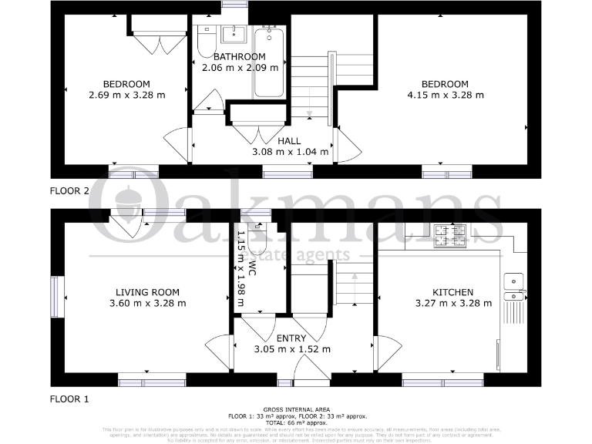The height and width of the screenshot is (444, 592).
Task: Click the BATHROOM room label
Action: pos(239,57)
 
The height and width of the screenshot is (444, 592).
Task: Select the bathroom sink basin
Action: pos(232,35)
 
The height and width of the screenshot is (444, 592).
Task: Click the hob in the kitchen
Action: pos(449,235)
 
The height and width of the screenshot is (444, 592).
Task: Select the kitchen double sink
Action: pos(513,286)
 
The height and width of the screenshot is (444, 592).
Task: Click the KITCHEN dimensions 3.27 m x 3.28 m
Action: pos(452,303)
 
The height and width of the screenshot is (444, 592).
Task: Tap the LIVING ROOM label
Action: pos(147,292)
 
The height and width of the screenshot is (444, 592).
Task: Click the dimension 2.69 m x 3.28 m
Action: pos(126,95)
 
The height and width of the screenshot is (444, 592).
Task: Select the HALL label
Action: pos(290,141)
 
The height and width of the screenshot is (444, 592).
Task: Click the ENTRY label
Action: pos(291,338)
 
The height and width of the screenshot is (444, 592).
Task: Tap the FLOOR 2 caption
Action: pos(69,190)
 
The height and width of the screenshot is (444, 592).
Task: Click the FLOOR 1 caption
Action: pos(69,399)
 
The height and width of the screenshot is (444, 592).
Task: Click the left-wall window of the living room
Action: pos(55,297)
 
